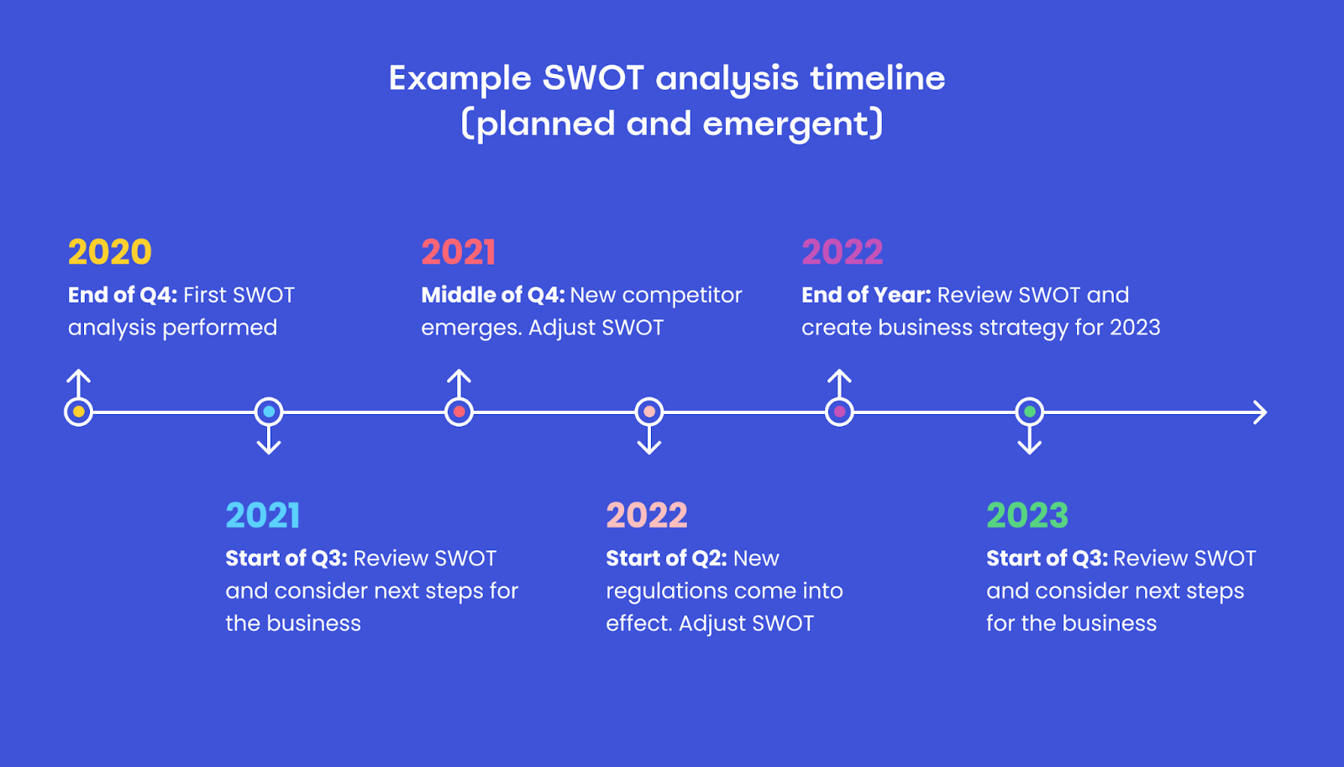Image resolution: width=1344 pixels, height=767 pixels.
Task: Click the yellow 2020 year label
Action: point(110,252)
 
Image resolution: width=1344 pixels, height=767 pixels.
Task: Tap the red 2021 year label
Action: point(459,252)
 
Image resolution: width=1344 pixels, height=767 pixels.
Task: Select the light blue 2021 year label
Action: point(263,516)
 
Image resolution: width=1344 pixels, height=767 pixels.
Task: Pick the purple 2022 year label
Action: point(843,252)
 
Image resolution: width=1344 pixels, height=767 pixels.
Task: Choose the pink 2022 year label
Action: point(647,516)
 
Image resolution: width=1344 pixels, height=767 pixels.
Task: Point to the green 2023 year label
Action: point(1027,516)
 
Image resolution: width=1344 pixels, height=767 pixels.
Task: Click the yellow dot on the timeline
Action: point(79,412)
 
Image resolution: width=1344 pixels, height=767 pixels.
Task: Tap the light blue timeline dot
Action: point(269,412)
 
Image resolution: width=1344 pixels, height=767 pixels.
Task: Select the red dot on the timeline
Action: point(459,412)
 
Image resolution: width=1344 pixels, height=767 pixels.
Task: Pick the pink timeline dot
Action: point(649,412)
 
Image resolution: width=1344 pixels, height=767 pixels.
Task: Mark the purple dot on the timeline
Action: point(839,412)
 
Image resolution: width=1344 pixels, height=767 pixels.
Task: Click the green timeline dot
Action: point(1030,412)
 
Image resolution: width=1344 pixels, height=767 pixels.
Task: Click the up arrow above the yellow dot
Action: point(79,383)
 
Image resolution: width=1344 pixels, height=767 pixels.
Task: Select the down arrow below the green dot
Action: point(1030,440)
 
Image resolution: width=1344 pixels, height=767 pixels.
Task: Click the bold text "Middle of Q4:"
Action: point(492,295)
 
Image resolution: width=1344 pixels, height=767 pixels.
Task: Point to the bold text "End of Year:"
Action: point(866,295)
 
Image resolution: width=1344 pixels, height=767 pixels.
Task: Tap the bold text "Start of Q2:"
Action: point(667,559)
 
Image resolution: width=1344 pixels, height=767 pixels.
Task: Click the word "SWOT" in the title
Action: point(593,78)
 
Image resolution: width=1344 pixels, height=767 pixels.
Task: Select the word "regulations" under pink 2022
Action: point(668,592)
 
